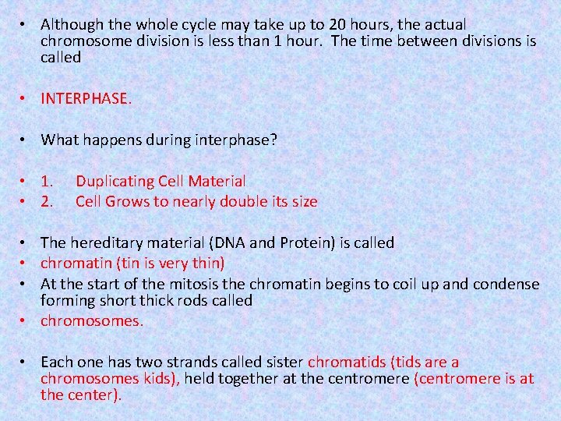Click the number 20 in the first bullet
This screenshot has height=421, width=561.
333,25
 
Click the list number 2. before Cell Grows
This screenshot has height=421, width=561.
48,202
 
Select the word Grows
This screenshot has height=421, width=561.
125,202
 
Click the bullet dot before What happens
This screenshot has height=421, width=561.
26,140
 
